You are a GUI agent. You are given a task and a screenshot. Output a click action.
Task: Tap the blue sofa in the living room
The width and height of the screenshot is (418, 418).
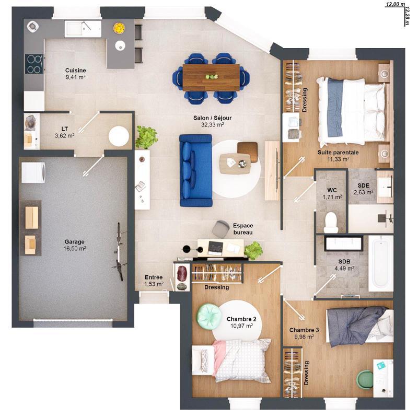(x=194, y=170)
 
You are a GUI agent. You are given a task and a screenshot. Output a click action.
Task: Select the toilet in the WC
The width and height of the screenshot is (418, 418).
(x=331, y=222)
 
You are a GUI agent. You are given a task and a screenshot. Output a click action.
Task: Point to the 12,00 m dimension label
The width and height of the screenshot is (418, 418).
(x=395, y=4)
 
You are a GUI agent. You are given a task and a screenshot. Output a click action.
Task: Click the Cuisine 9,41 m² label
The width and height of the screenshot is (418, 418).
(x=75, y=73)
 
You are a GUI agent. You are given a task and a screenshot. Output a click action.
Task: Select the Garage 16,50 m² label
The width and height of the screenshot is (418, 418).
(x=75, y=245)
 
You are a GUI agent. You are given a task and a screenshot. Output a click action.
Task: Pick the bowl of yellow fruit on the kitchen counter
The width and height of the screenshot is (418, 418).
(x=120, y=27)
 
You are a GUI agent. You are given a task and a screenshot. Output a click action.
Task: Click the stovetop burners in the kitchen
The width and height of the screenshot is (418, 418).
(x=34, y=64)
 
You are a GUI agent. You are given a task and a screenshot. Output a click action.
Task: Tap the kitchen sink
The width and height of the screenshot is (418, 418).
(x=82, y=28)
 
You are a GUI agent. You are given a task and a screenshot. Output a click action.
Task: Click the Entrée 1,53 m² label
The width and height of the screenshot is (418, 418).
(x=154, y=281)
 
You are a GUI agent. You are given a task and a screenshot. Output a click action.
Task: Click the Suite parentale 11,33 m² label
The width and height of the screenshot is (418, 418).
(x=338, y=155)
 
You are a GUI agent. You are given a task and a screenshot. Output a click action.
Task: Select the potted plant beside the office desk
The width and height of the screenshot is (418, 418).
(x=254, y=250)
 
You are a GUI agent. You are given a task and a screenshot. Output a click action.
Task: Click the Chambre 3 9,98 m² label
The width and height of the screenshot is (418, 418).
(x=303, y=333)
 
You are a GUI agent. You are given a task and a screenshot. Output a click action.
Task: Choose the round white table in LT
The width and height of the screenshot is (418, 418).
(x=119, y=136)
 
